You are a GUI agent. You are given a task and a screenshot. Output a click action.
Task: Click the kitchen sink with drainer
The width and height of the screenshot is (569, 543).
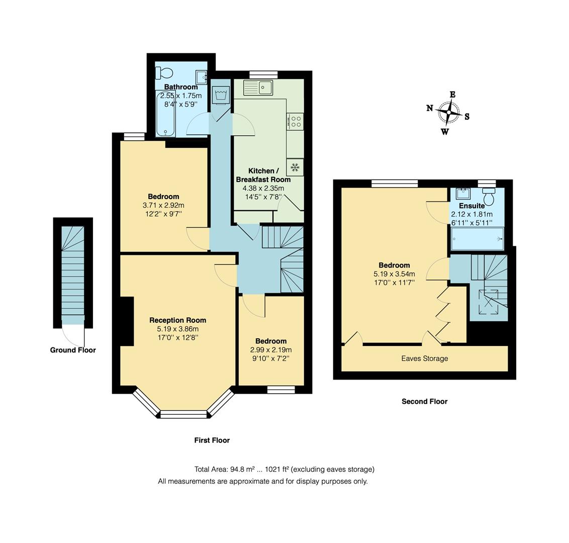[258, 87]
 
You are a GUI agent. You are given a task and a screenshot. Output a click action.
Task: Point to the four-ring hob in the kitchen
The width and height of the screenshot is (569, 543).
[296, 121]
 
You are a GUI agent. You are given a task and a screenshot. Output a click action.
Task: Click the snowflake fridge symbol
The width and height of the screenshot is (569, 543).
[295, 167]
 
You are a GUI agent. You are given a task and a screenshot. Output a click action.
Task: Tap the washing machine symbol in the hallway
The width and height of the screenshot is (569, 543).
[221, 95]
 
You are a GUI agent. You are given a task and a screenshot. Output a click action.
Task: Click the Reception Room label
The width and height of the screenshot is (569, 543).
[177, 320]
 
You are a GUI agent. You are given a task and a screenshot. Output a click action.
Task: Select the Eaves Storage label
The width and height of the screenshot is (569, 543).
[424, 358]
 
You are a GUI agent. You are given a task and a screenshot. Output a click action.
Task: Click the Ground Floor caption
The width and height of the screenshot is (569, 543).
[73, 350]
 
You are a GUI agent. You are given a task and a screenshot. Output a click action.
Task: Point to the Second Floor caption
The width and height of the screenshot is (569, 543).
[424, 401]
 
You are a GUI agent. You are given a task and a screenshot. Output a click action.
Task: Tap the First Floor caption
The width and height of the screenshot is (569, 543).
[212, 440]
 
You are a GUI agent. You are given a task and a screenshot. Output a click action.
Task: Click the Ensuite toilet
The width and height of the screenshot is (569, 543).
[489, 197]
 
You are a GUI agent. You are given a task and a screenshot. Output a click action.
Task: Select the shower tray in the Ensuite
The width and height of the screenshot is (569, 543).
[477, 238]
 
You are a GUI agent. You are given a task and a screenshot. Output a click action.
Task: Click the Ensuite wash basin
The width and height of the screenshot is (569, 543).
[463, 194]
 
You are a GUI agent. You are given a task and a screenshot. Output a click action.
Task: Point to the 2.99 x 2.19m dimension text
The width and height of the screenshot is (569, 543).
[270, 350]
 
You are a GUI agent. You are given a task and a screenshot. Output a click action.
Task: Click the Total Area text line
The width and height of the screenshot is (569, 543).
[284, 469]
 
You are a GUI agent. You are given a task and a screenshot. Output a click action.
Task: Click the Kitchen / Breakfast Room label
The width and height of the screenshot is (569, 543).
[263, 175]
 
